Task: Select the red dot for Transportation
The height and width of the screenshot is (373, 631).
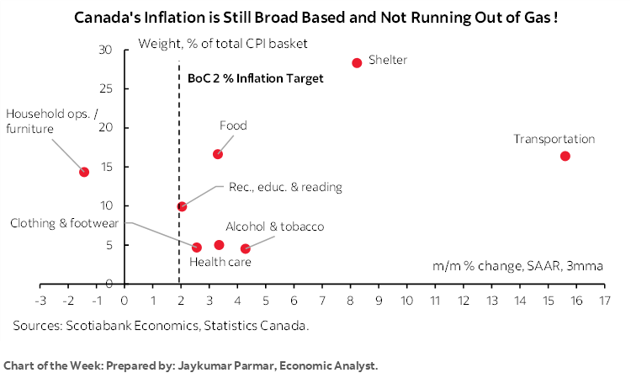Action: pyautogui.click(x=565, y=156)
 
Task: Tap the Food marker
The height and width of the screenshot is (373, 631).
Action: pyautogui.click(x=218, y=154)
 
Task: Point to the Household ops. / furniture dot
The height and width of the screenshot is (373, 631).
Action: pyautogui.click(x=84, y=172)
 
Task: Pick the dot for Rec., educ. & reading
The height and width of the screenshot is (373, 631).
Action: pyautogui.click(x=182, y=206)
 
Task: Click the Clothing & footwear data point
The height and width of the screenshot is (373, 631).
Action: pyautogui.click(x=197, y=248)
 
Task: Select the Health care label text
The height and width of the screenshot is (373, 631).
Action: pyautogui.click(x=220, y=263)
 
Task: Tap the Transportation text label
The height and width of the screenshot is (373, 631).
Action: pyautogui.click(x=554, y=139)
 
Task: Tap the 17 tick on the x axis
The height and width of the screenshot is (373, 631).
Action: pyautogui.click(x=604, y=300)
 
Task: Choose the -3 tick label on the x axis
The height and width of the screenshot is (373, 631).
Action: pyautogui.click(x=40, y=300)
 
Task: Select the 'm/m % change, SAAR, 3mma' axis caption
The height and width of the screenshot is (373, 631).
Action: pyautogui.click(x=517, y=267)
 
